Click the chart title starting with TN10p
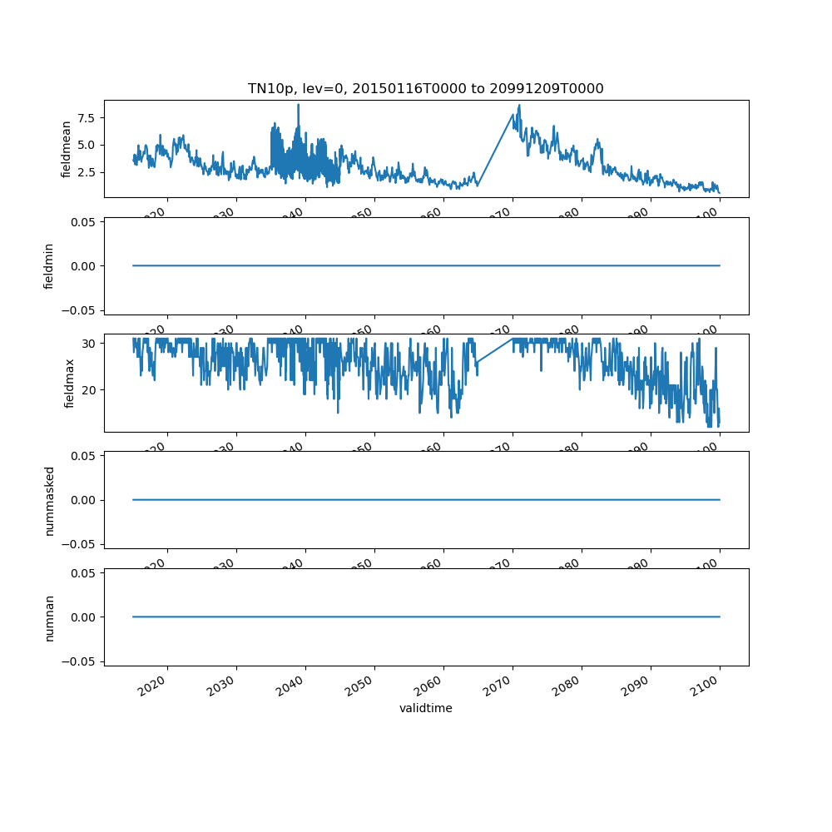425,88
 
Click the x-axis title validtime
425,708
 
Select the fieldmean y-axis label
67,148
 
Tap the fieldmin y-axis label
49,266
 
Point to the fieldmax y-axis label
69,383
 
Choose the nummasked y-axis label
49,500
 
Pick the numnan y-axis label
49,617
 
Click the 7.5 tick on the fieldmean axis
83,117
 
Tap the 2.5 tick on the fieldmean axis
83,172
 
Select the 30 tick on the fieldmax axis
88,343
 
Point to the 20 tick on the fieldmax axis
88,389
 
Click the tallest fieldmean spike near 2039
298,105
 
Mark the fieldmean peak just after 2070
519,106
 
